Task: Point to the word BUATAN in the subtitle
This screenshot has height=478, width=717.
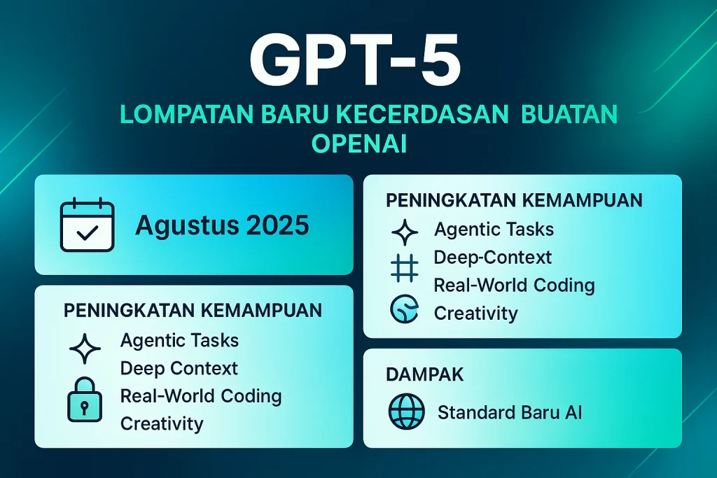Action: tap(564, 115)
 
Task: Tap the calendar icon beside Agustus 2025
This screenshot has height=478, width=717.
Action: tap(87, 225)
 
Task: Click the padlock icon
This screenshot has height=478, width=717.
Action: tap(84, 400)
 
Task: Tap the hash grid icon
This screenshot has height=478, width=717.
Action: tap(405, 269)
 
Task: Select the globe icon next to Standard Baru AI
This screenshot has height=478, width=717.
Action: tap(406, 412)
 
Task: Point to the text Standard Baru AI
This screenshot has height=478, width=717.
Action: tap(510, 412)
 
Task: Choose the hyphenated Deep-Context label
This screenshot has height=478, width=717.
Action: tap(493, 258)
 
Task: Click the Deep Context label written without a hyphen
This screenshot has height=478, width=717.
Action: tap(179, 368)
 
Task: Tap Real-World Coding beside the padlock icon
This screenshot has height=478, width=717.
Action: tap(201, 396)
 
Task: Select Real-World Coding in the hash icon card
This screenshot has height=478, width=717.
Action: tap(514, 286)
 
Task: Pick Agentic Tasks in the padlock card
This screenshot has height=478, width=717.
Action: tap(179, 341)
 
